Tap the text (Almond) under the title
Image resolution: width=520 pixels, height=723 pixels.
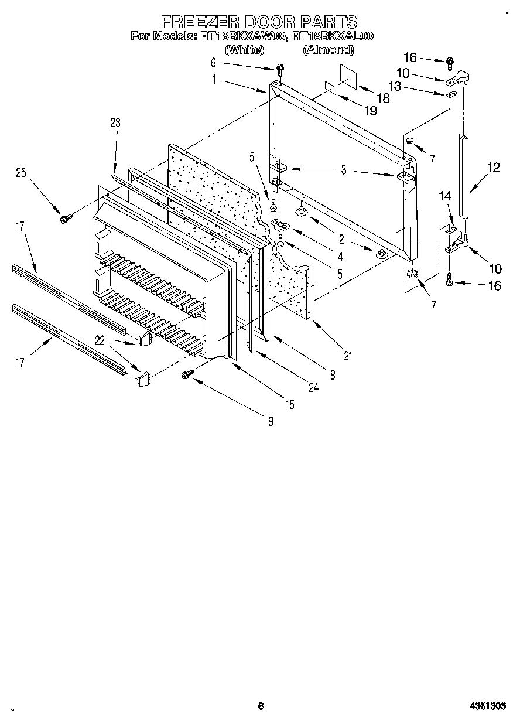click(x=328, y=50)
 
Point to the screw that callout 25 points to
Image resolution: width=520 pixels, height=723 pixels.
click(x=64, y=219)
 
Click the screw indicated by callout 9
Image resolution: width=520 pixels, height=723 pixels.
click(x=187, y=374)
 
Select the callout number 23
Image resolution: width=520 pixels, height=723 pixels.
click(x=115, y=122)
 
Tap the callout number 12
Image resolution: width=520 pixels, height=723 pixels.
click(x=494, y=168)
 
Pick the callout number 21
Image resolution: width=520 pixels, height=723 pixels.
click(x=350, y=355)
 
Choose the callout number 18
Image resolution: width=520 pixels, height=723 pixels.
click(x=382, y=98)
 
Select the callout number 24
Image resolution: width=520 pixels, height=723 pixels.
click(x=314, y=387)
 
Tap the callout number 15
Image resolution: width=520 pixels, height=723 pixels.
click(x=290, y=404)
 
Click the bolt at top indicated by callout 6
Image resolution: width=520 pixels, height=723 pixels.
click(x=280, y=69)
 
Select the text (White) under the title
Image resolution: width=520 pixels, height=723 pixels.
click(x=244, y=50)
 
